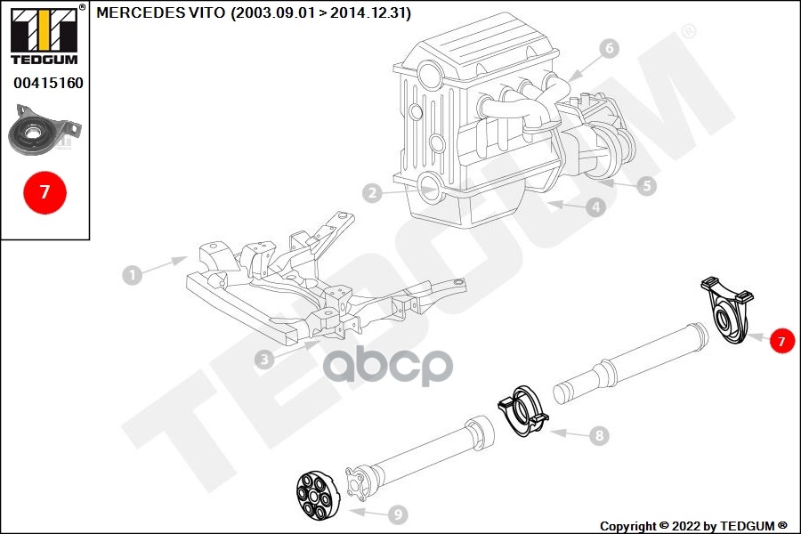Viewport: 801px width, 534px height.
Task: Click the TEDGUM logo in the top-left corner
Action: (45, 35)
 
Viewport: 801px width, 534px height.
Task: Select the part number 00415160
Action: (49, 83)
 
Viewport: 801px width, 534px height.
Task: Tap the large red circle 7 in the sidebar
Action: (45, 192)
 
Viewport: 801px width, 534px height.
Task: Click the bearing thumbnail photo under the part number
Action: (45, 129)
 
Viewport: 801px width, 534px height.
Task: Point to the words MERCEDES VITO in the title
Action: (160, 12)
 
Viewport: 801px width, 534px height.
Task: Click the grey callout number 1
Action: (133, 275)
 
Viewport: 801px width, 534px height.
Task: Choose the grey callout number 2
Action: (372, 192)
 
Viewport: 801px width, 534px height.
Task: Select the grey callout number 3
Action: (264, 360)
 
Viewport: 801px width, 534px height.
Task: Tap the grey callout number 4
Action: (595, 207)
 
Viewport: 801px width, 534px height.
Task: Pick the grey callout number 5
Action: (647, 185)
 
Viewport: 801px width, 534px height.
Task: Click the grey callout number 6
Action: (609, 49)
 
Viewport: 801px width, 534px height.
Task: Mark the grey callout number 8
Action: (599, 435)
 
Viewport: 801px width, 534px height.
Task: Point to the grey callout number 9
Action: (398, 514)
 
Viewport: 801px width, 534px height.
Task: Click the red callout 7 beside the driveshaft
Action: (781, 341)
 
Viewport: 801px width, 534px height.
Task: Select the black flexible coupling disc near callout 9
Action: (316, 496)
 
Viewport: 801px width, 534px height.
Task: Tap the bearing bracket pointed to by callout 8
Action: (522, 411)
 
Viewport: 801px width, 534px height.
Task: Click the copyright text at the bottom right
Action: (693, 526)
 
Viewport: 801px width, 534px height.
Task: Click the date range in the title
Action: (320, 12)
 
